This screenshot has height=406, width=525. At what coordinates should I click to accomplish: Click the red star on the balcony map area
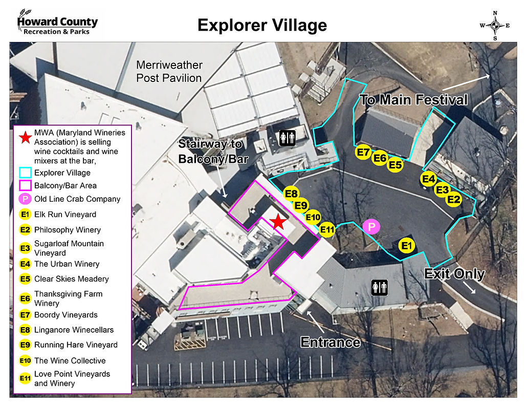coord(278,222)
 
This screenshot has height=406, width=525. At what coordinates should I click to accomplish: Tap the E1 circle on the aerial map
coord(407,246)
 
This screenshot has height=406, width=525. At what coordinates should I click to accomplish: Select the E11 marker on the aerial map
coord(327,230)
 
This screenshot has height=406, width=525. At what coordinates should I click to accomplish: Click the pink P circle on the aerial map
coord(371,226)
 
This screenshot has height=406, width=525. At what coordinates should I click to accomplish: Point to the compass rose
coord(495,25)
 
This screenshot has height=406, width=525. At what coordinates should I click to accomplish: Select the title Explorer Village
coord(262,25)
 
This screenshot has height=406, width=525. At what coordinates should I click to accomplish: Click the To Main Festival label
coord(413,99)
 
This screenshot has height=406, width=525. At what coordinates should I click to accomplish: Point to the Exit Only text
coord(454,274)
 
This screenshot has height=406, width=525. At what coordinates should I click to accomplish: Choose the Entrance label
coord(330,341)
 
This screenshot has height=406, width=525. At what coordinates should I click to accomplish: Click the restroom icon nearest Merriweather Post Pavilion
coord(287,137)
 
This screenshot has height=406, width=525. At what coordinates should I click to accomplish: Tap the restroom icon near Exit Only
coord(379,287)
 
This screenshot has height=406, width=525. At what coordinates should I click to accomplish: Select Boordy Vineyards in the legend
coord(65,315)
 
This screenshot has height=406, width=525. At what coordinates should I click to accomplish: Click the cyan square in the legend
coord(25,173)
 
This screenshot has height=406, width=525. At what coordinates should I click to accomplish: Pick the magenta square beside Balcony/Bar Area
coord(25,185)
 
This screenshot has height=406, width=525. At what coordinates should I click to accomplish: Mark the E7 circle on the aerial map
coord(363,152)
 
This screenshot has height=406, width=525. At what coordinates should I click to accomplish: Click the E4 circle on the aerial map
coord(428,179)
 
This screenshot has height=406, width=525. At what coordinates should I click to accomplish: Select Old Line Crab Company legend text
coord(77,199)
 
